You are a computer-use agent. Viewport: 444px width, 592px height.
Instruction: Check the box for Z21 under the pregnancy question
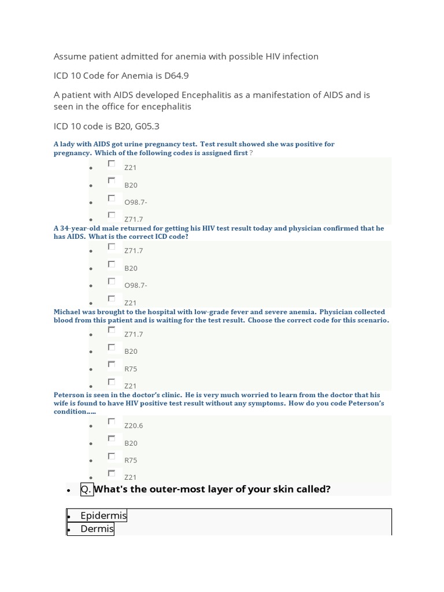[x=112, y=164]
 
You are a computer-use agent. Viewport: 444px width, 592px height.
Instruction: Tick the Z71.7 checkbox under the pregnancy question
[x=112, y=216]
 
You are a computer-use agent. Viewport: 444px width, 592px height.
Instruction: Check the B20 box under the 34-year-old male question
[x=112, y=264]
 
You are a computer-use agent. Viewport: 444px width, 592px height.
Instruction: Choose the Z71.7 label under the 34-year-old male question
[x=133, y=251]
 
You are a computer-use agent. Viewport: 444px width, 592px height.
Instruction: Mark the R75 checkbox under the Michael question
[x=112, y=365]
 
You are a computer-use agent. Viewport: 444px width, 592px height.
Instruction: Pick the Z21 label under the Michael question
[x=130, y=386]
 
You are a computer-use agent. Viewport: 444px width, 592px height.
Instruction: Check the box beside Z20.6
[x=112, y=422]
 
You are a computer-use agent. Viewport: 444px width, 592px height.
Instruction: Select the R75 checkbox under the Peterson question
[x=112, y=457]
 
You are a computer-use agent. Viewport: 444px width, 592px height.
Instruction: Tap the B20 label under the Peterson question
[x=131, y=443]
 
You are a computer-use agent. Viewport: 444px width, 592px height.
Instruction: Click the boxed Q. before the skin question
[x=86, y=489]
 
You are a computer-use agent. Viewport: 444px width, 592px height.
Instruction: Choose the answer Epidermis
[x=103, y=516]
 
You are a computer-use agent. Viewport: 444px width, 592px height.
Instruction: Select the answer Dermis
[x=97, y=529]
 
